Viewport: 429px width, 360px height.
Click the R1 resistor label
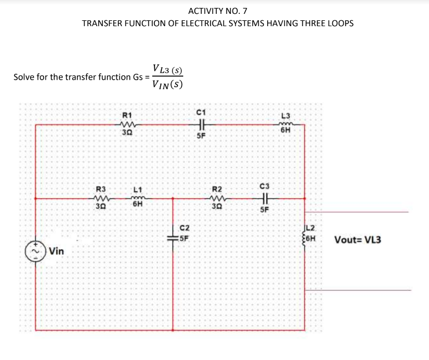pos(127,115)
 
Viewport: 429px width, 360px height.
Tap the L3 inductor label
pos(286,116)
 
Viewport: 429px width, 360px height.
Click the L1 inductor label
pos(137,189)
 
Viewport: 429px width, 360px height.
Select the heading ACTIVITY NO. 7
pos(217,11)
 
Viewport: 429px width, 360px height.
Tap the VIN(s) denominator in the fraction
pos(167,84)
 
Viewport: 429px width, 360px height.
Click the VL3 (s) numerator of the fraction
pos(167,69)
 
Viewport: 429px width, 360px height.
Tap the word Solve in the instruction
pos(24,76)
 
